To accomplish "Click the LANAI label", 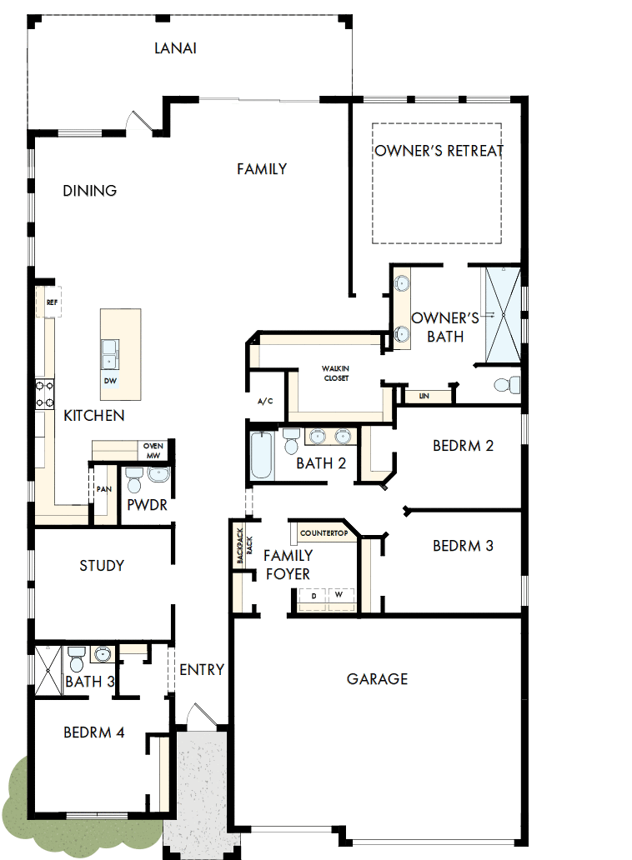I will [175, 48].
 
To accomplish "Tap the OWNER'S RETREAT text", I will [439, 151].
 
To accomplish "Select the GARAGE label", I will [377, 679].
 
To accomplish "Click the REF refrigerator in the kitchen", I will [51, 302].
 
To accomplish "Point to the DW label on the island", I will [110, 381].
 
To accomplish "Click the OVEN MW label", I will [153, 450].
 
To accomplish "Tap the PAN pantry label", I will [103, 490].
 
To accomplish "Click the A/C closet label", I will [265, 402].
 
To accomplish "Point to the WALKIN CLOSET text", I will [335, 372].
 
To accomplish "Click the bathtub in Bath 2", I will [262, 454].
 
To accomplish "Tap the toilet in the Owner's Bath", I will [506, 386].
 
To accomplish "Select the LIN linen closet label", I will [424, 396].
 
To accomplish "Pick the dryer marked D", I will [313, 597].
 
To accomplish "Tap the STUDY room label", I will [102, 566].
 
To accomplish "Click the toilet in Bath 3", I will [76, 662].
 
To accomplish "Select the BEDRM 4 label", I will [93, 733].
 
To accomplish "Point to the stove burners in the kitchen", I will [43, 393].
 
